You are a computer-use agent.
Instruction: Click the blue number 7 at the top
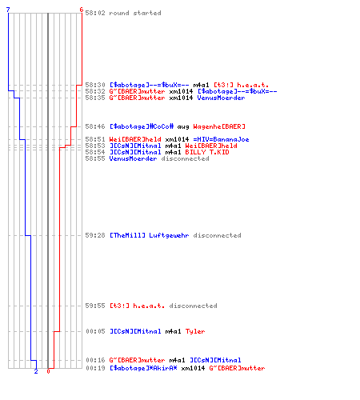click(x=8, y=10)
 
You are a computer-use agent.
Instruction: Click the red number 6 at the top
click(x=82, y=10)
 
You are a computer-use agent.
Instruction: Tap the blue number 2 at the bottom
click(x=36, y=371)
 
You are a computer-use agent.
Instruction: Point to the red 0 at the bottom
click(x=48, y=371)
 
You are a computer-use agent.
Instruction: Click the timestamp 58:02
click(x=95, y=13)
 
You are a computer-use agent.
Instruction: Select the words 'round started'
click(x=135, y=13)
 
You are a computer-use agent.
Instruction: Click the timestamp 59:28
click(x=95, y=235)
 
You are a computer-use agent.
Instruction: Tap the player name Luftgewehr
click(x=169, y=235)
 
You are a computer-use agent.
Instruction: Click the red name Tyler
click(x=195, y=331)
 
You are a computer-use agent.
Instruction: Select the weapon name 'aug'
click(x=183, y=126)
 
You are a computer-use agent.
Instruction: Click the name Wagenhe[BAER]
click(x=219, y=126)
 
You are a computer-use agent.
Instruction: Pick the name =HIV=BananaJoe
click(x=222, y=139)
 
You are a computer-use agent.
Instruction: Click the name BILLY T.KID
click(x=207, y=152)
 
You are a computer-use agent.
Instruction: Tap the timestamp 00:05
click(x=95, y=331)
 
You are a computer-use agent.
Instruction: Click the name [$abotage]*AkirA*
click(x=143, y=368)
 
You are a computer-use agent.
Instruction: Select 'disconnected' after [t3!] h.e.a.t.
click(x=194, y=306)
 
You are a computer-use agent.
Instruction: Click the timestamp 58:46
click(x=95, y=126)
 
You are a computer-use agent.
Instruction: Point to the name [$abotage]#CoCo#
click(x=142, y=126)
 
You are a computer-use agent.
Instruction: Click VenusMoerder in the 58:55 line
click(x=134, y=158)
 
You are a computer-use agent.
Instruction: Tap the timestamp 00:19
click(x=95, y=368)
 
